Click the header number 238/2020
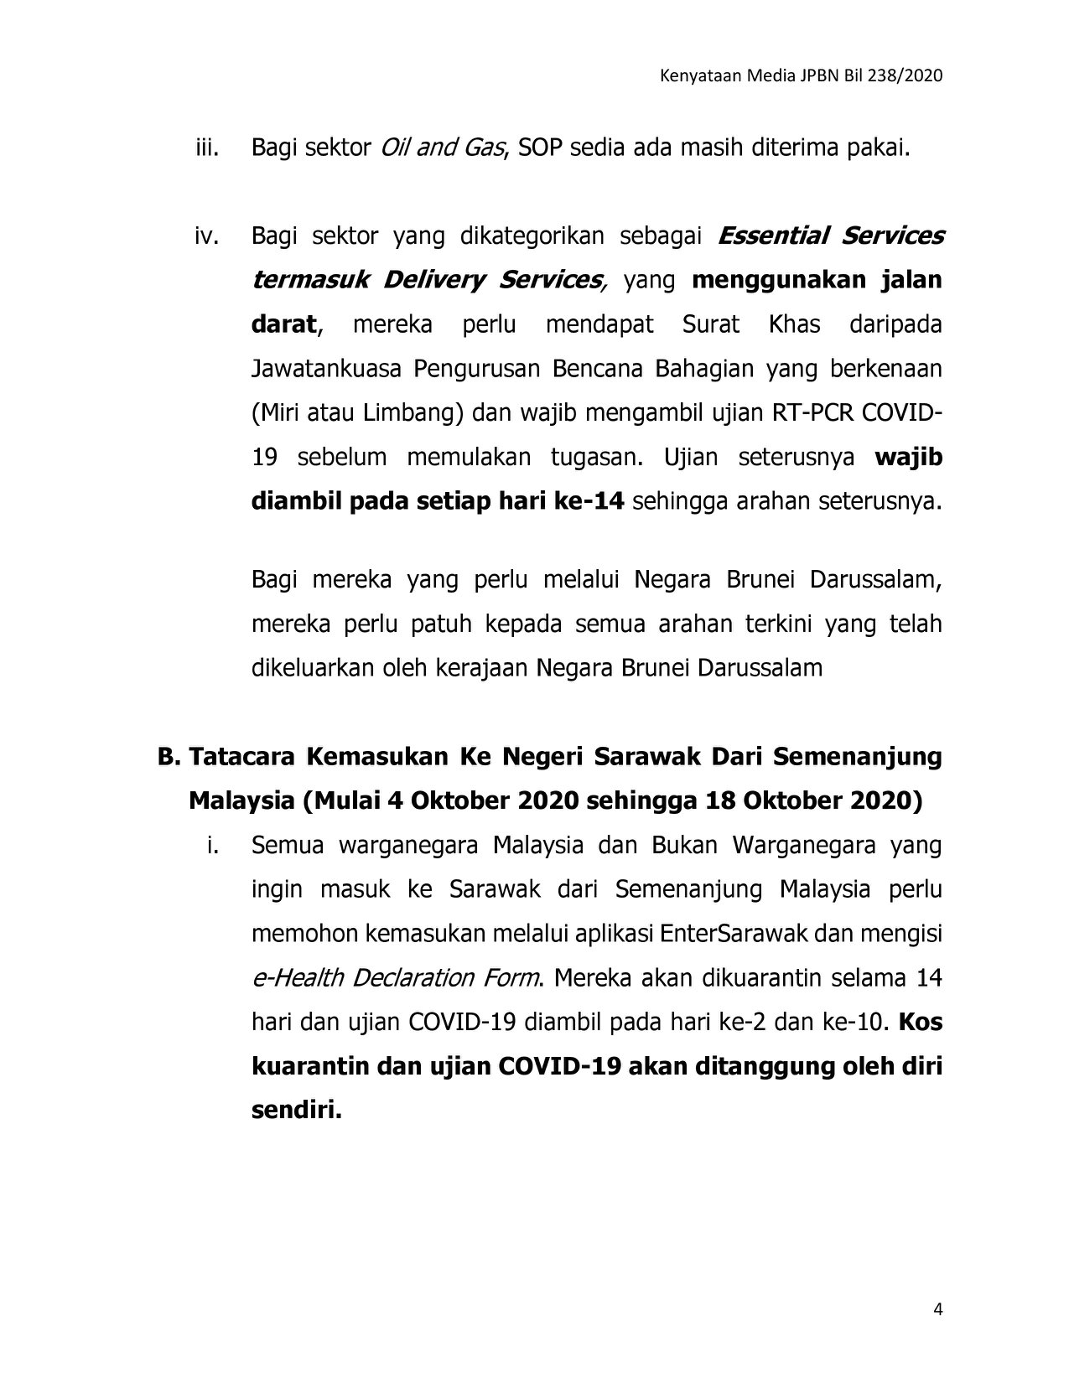tap(907, 76)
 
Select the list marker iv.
tap(206, 236)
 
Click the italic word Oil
tap(395, 149)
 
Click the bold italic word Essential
tap(772, 236)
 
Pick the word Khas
tap(794, 324)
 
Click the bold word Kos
tap(921, 1023)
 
